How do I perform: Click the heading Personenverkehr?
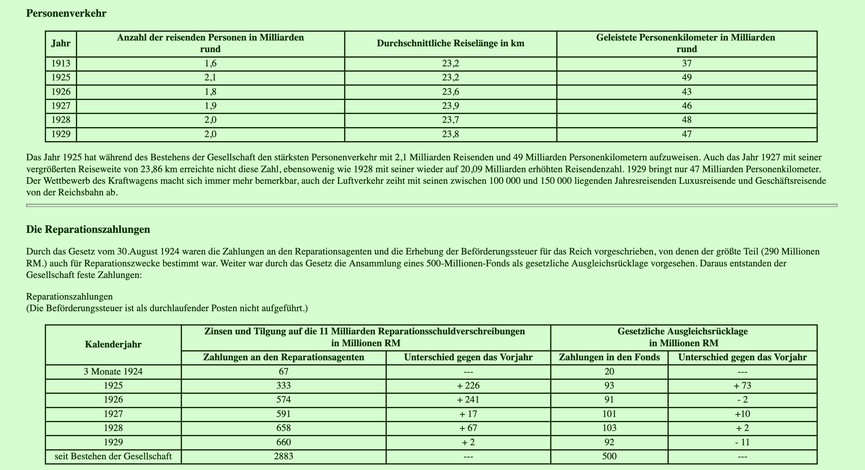(66, 13)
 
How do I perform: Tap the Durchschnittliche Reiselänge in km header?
(450, 43)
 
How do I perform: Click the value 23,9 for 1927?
(450, 106)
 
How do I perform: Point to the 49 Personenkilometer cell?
(687, 77)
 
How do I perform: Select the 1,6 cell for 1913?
(210, 63)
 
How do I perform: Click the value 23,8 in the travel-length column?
(450, 134)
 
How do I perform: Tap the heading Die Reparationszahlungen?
(88, 230)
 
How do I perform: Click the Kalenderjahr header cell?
(113, 344)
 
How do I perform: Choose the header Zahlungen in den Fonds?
(609, 357)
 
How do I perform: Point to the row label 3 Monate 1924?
(113, 372)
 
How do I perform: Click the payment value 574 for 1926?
(283, 400)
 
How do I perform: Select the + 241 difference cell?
(468, 400)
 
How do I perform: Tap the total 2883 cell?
(283, 456)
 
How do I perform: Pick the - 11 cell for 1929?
(742, 442)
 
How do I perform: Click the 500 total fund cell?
(609, 456)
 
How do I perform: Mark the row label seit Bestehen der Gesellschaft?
(113, 456)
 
